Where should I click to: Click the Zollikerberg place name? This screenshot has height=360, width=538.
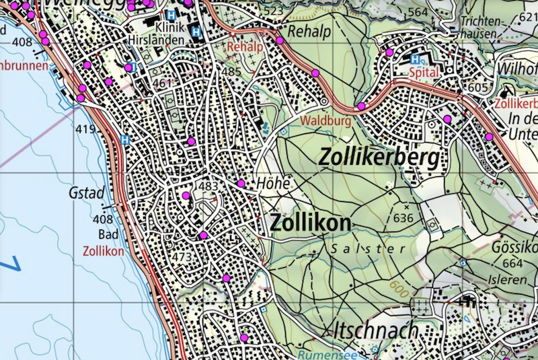coord(380,158)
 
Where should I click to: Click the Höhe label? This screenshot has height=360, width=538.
coord(272,183)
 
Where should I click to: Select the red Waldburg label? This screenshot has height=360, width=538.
coord(327,121)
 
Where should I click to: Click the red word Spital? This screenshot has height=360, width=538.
coord(423,72)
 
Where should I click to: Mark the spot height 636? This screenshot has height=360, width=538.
coord(403,217)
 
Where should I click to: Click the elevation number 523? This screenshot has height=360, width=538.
coord(274,11)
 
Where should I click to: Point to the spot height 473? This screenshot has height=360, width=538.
coord(183,256)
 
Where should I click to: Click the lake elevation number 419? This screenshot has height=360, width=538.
coord(85,129)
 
